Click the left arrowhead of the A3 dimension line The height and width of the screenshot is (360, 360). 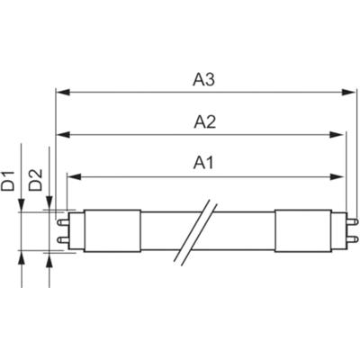pyautogui.click(x=61, y=92)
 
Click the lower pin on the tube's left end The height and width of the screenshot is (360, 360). pyautogui.click(x=62, y=239)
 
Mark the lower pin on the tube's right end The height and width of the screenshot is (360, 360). pyautogui.click(x=350, y=239)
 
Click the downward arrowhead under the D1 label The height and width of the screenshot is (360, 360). pyautogui.click(x=22, y=204)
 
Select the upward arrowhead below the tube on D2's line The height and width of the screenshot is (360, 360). pyautogui.click(x=49, y=257)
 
